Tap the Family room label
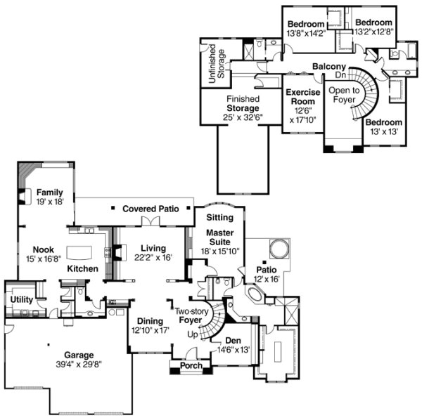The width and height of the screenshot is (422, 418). [x=50, y=192]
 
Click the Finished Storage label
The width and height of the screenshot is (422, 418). [x=243, y=108]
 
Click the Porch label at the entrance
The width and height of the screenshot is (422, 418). [x=191, y=366]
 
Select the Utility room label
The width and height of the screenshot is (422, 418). [x=22, y=299]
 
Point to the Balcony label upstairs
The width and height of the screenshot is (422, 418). [x=328, y=67]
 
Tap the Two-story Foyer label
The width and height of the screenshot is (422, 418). [x=192, y=315]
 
